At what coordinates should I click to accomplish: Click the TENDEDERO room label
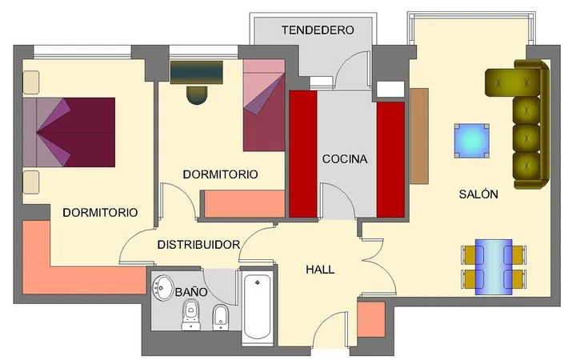318,30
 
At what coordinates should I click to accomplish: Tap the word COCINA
345,159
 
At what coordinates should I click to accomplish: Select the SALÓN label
478,194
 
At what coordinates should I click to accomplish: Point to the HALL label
320,270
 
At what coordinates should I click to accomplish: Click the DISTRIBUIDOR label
198,245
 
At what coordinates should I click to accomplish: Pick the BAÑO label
191,292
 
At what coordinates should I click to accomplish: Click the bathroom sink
162,287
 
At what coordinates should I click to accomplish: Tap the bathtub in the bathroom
258,307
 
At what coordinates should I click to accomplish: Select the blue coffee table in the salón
472,141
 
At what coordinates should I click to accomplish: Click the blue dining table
494,267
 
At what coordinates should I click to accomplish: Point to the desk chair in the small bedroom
197,95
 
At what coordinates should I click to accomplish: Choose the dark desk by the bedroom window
197,73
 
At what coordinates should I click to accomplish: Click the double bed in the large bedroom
69,132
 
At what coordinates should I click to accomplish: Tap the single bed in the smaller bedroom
264,106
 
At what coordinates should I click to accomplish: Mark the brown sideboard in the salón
419,136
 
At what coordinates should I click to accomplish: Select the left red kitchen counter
303,154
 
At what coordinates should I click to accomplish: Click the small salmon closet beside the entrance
371,319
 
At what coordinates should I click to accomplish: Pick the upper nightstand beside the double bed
31,82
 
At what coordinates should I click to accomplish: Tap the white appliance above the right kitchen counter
390,90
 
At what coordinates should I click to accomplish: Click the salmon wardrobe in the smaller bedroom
245,203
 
